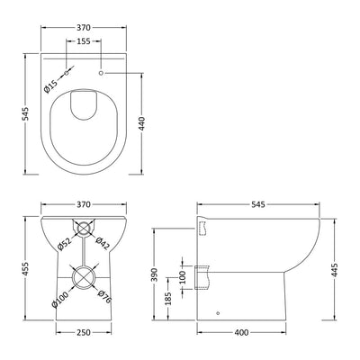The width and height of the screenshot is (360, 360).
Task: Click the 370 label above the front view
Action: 82,204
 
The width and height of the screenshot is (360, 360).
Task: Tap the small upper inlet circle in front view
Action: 82,229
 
